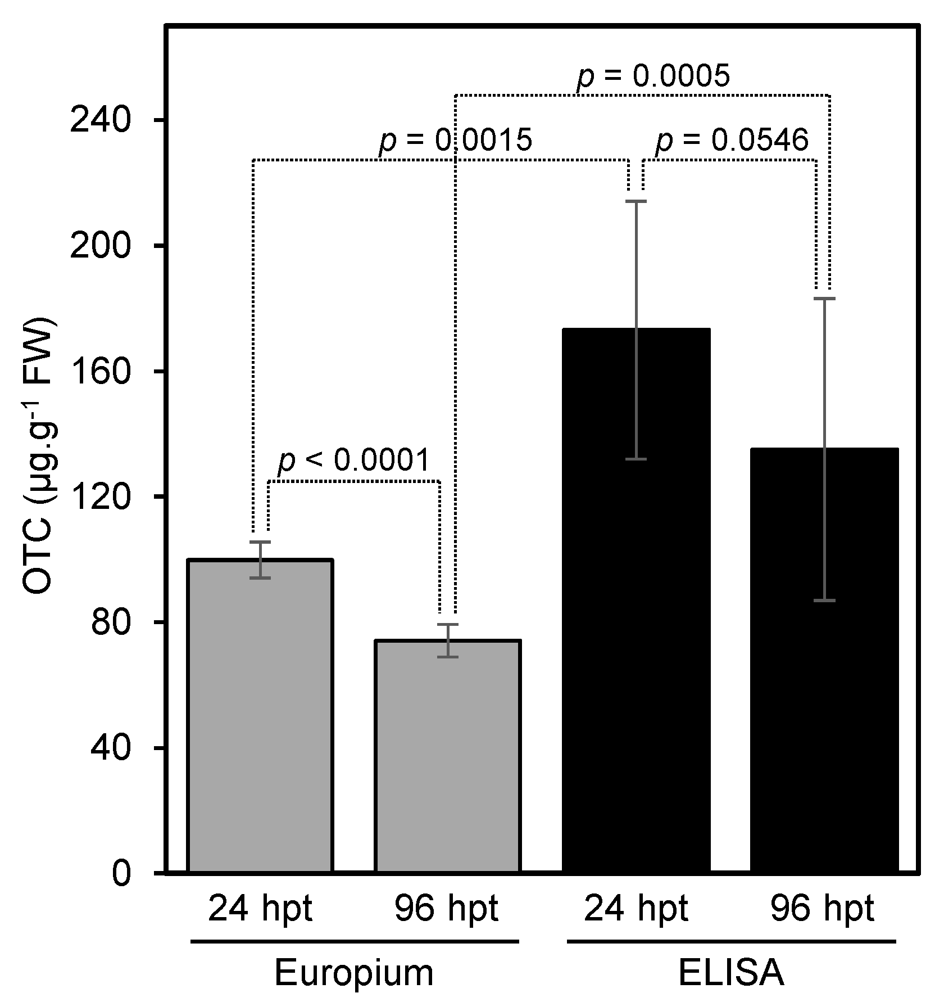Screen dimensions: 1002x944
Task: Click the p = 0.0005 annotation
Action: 653,76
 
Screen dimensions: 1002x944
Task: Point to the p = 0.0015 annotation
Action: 455,141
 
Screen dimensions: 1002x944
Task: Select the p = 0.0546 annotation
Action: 732,141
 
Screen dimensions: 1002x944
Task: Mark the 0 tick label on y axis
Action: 121,873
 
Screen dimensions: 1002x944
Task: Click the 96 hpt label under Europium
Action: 446,909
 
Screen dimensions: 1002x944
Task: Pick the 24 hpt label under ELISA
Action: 636,909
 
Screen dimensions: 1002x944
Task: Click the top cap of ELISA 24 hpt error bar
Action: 636,201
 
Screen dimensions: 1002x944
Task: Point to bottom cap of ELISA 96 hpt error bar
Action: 824,601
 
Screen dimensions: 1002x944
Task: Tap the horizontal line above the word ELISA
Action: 730,941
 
